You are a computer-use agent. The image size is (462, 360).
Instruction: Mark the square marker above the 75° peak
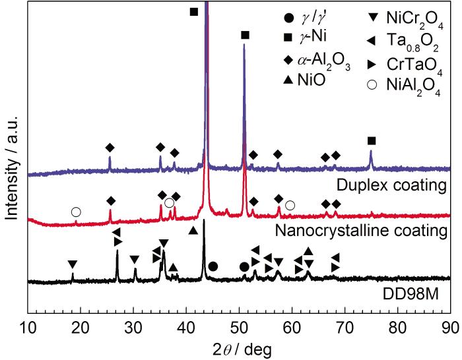click(x=372, y=140)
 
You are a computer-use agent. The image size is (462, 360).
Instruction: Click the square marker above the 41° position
click(x=193, y=12)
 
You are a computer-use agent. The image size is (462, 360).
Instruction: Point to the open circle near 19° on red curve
click(x=76, y=212)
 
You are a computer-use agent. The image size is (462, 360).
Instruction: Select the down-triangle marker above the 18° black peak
click(x=72, y=264)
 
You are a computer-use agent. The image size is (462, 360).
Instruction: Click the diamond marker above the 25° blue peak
click(x=110, y=148)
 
